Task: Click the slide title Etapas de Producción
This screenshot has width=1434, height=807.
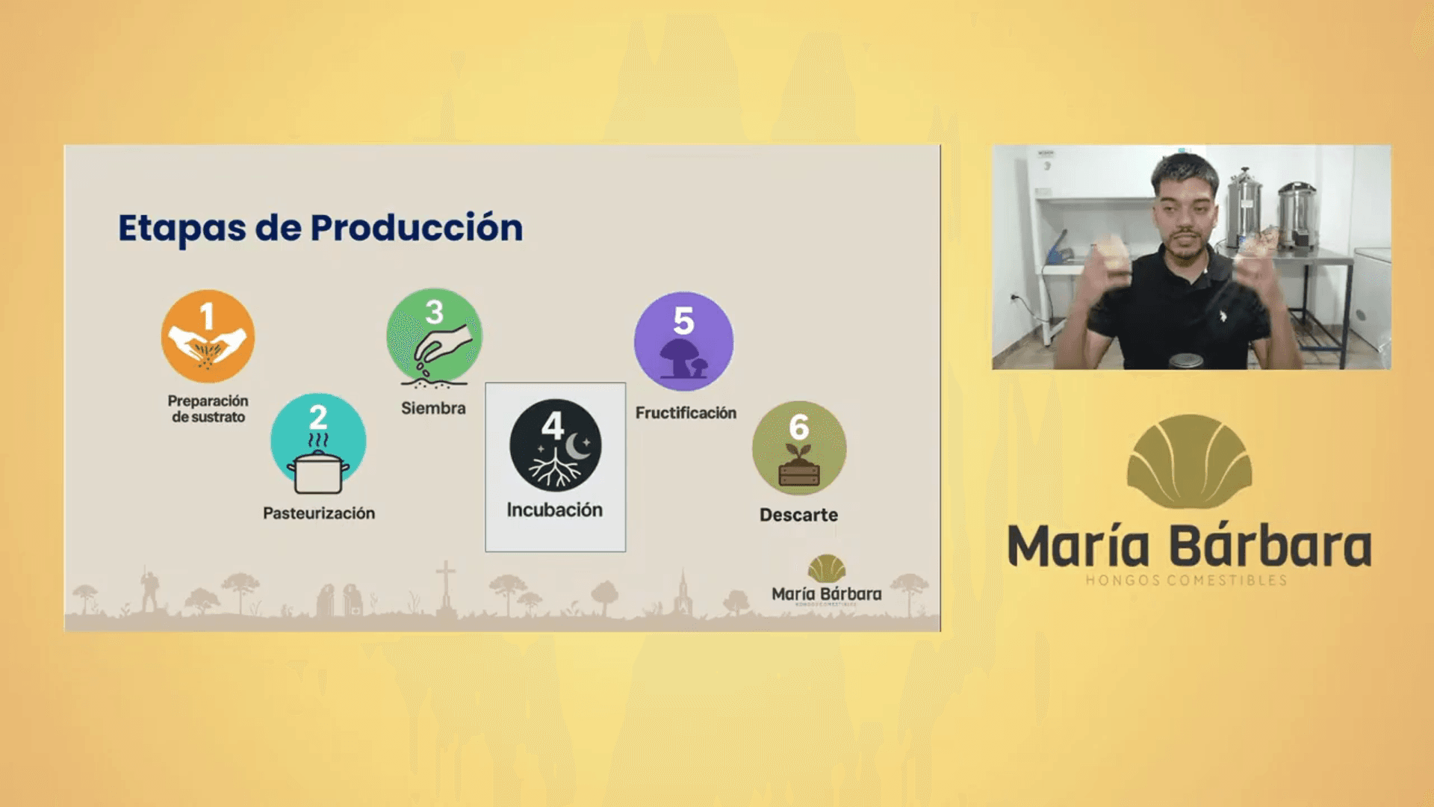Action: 320,228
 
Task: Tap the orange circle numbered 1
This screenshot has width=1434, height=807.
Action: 208,336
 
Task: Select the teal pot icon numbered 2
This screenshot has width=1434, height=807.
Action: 318,442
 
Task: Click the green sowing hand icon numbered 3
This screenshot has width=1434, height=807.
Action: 434,336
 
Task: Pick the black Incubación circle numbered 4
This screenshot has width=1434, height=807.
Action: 555,445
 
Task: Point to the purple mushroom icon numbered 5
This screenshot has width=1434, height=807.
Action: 683,341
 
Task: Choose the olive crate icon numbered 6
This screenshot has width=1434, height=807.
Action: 799,448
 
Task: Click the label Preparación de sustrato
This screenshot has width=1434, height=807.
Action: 208,409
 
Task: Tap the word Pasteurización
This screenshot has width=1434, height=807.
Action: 319,513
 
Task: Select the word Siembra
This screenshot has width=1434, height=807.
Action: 433,408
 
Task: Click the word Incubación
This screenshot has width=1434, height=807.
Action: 554,510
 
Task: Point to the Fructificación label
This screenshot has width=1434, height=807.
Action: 686,412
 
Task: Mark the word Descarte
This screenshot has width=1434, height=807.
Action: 798,515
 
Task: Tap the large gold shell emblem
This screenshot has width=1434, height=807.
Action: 1189,462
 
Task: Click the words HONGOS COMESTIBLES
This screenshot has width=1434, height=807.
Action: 1186,581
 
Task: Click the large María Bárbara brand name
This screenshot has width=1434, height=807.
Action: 1189,546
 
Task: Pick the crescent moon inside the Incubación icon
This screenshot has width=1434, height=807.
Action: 578,447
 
